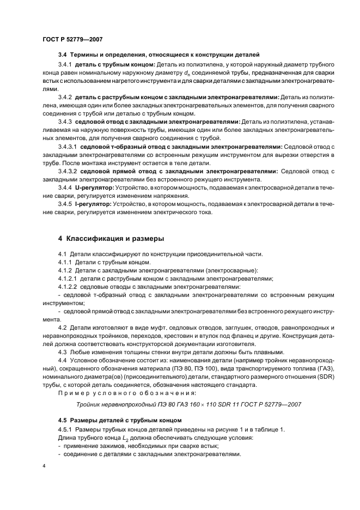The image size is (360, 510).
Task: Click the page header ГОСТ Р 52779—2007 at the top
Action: pos(72,40)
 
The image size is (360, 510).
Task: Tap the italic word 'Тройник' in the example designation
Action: pos(93,404)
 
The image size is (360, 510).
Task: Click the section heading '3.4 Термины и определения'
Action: pos(158,54)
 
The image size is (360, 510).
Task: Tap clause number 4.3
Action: pos(62,351)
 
